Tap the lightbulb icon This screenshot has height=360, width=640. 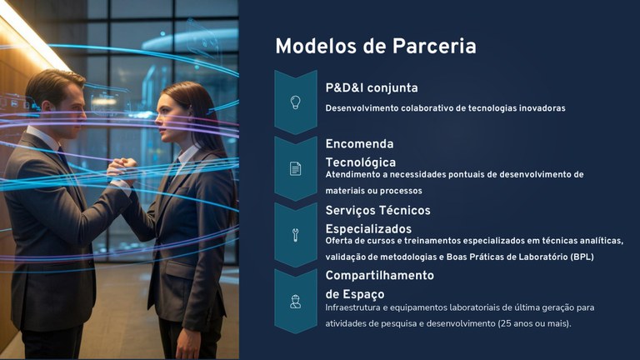pyautogui.click(x=295, y=102)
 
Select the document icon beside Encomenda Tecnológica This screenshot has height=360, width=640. pyautogui.click(x=295, y=168)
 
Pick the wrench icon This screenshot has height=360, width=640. pyautogui.click(x=295, y=235)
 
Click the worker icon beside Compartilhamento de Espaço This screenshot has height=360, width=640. pyautogui.click(x=295, y=301)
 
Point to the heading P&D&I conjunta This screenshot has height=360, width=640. pyautogui.click(x=372, y=87)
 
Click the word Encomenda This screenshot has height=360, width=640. pyautogui.click(x=359, y=144)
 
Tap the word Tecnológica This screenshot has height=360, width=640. pyautogui.click(x=360, y=162)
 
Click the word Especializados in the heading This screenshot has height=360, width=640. pyautogui.click(x=368, y=228)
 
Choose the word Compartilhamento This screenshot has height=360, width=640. pyautogui.click(x=379, y=275)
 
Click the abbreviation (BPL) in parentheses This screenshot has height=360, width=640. pyautogui.click(x=582, y=257)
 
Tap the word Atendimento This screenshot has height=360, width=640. pyautogui.click(x=352, y=174)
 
